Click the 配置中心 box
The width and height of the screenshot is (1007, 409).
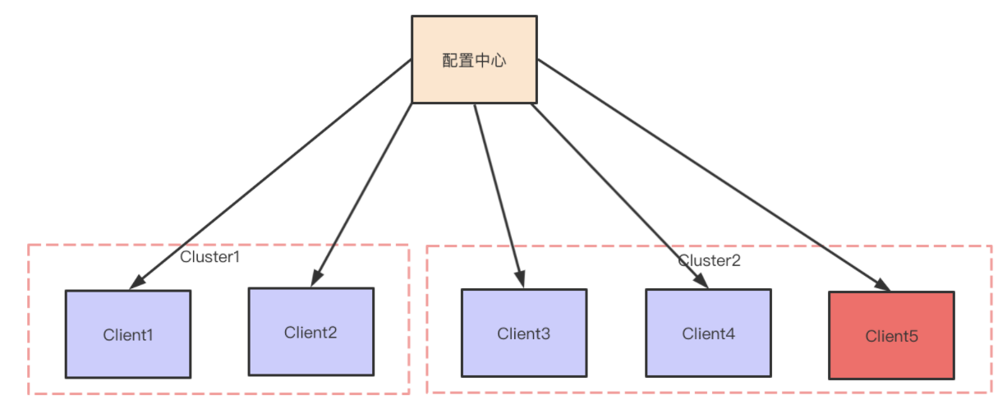[474, 59]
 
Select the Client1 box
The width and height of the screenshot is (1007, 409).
[128, 333]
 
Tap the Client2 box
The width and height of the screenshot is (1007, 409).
[311, 331]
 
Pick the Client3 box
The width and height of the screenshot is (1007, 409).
[524, 333]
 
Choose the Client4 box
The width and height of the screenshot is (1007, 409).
[708, 333]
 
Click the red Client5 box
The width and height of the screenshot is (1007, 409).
[891, 335]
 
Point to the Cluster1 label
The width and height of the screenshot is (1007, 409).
[210, 257]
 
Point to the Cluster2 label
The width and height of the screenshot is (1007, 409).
[710, 260]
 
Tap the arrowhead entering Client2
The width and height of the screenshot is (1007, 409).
[315, 280]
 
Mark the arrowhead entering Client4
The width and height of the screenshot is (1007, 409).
[701, 281]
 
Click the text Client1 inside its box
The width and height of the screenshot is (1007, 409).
[128, 335]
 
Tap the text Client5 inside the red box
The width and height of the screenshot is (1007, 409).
[891, 336]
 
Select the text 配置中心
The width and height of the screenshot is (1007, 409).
[474, 60]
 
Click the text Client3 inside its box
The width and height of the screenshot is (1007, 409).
[524, 333]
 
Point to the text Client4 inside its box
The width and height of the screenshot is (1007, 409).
[708, 333]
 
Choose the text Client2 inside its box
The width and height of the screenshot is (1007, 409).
[311, 332]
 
